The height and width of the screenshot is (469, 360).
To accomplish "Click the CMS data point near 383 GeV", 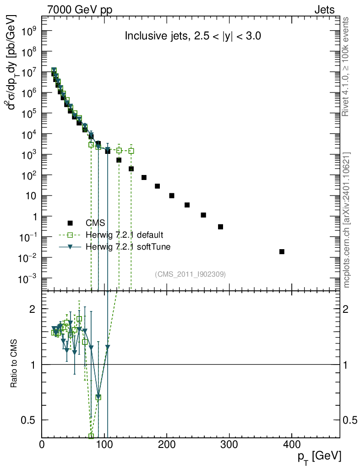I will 282,251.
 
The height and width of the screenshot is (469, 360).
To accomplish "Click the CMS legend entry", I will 95,223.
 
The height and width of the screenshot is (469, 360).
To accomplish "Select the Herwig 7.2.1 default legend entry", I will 124,235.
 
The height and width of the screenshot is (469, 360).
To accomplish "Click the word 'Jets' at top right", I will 324,10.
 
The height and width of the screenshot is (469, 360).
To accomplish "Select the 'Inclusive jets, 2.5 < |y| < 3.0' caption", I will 193,37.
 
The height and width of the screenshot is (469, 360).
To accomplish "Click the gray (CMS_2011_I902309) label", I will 190,274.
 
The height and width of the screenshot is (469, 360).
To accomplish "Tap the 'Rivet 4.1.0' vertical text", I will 347,66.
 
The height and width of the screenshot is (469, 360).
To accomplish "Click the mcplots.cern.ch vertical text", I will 347,220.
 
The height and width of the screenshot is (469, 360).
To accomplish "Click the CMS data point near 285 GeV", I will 220,227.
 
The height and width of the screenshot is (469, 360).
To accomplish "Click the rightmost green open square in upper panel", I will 131,151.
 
